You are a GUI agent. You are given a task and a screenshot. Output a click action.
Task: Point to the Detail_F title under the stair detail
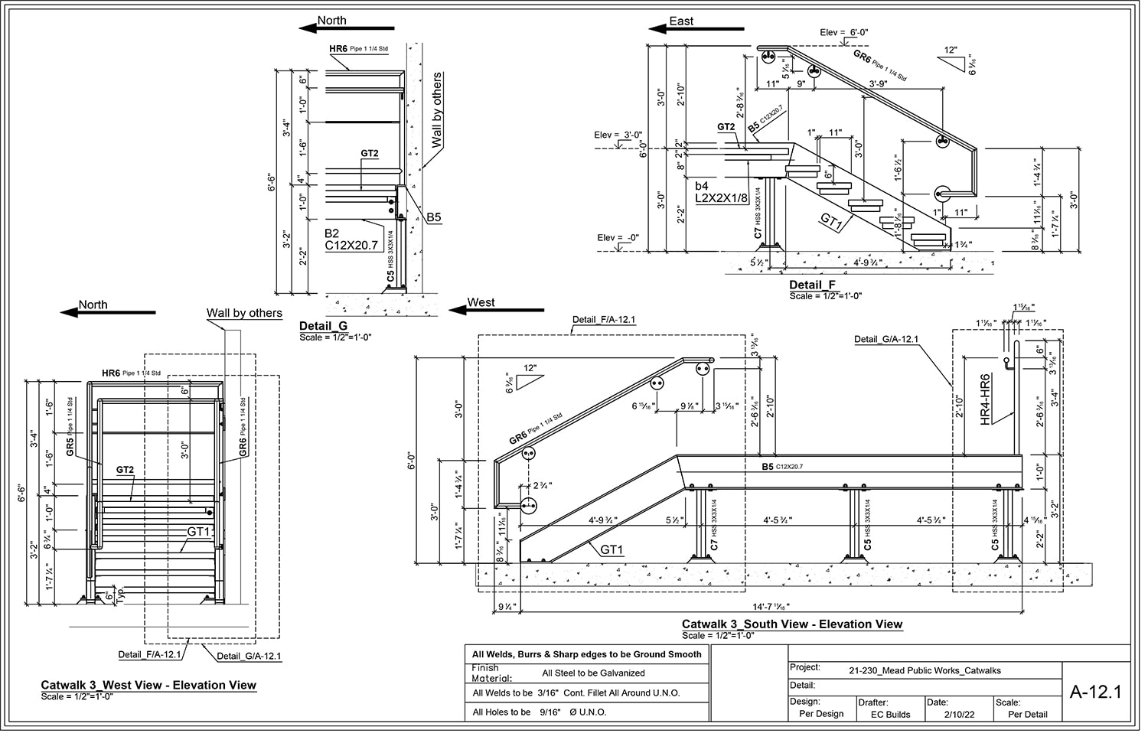[x=812, y=285]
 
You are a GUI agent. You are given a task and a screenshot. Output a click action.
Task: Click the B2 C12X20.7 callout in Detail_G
[x=351, y=240]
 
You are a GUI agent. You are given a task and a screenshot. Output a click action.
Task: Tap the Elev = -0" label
[x=618, y=238]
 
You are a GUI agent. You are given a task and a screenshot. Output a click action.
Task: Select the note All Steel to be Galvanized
[x=593, y=673]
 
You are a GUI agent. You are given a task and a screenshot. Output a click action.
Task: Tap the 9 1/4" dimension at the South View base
[x=505, y=607]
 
